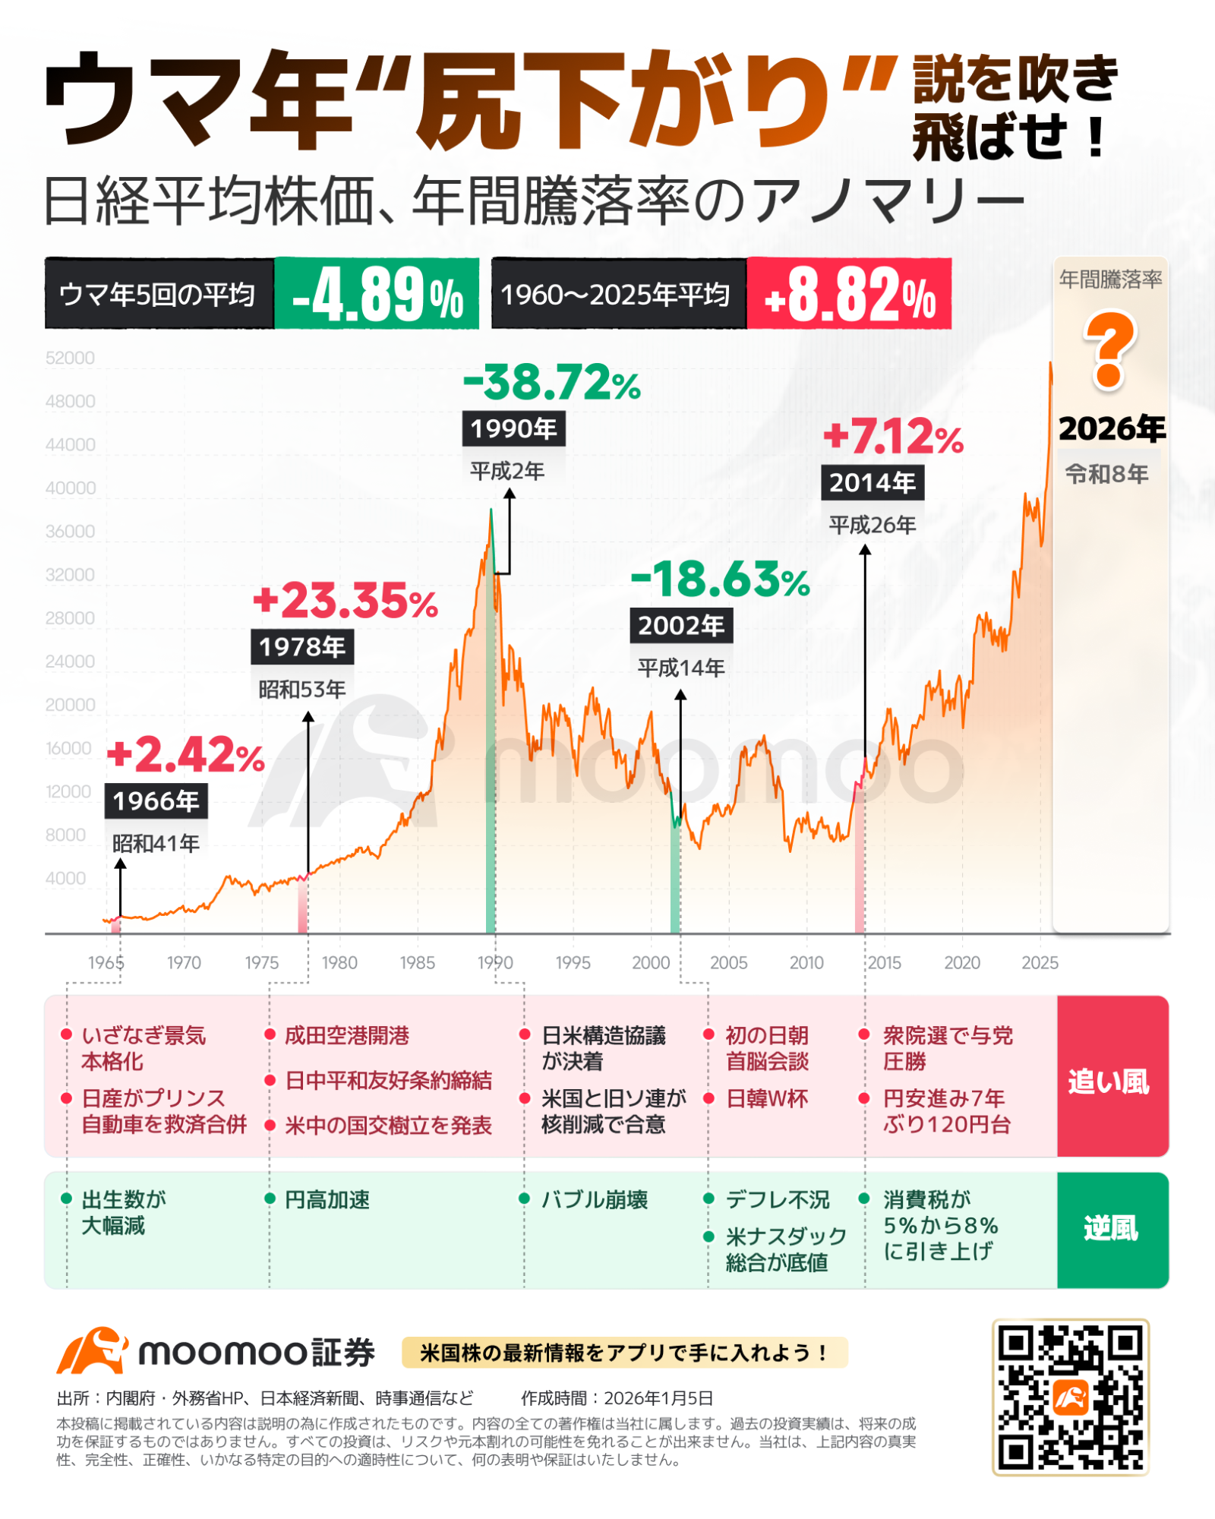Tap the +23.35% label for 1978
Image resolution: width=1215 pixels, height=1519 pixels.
tap(346, 602)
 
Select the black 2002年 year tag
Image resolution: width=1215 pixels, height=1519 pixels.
tap(680, 626)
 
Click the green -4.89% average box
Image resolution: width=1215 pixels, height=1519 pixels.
tap(377, 295)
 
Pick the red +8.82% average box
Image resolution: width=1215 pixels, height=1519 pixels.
tap(849, 295)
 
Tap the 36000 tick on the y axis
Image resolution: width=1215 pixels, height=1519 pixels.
tap(71, 532)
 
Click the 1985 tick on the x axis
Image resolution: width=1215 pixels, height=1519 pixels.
tap(417, 962)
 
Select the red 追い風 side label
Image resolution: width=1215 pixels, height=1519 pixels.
tap(1111, 1082)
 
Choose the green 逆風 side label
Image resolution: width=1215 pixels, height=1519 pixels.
tap(1111, 1228)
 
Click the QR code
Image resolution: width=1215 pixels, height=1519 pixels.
tap(1070, 1397)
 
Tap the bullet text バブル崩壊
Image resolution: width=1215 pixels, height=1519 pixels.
tap(594, 1200)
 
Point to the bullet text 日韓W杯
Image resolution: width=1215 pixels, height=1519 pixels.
tap(767, 1098)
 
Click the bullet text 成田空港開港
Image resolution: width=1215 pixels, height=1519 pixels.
tap(347, 1035)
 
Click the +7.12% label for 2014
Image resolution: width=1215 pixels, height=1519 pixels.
tap(893, 437)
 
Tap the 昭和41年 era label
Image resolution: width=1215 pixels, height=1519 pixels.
tap(156, 843)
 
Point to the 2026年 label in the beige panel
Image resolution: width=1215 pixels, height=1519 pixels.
tap(1111, 429)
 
